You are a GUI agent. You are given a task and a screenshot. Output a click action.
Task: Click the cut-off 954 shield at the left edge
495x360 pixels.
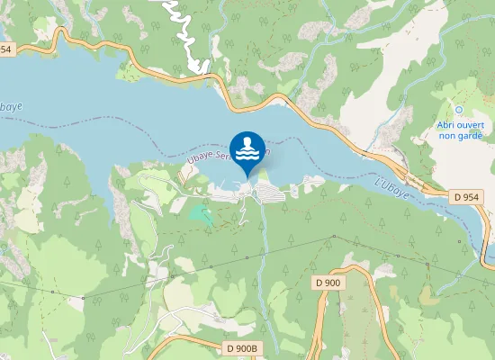(x=5, y=49)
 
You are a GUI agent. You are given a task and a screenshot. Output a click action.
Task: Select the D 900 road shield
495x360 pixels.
(x=328, y=283)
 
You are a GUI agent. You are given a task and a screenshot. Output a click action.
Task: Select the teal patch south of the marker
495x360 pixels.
(x=201, y=214)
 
